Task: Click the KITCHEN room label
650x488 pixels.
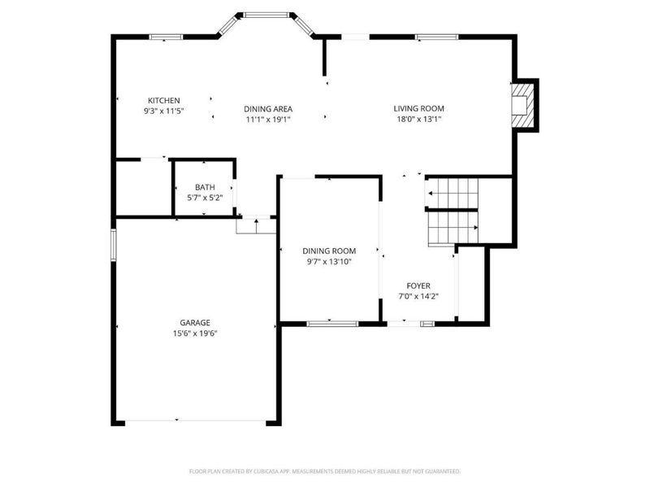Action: [x=164, y=100]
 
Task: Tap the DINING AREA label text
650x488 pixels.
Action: [x=268, y=109]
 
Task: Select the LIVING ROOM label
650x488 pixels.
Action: [x=418, y=108]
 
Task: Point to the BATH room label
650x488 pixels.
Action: [x=205, y=187]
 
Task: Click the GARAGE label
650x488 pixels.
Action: [x=195, y=322]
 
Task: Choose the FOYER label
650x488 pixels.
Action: [x=418, y=285]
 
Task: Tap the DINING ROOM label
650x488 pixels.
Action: [x=329, y=251]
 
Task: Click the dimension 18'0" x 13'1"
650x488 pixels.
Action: [x=418, y=119]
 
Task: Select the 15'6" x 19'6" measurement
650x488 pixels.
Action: [x=195, y=333]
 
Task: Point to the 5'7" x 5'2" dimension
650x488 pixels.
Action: [x=205, y=198]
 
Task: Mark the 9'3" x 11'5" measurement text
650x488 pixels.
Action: [x=164, y=111]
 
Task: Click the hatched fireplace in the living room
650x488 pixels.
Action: [x=522, y=105]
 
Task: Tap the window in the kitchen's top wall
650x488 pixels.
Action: [x=166, y=37]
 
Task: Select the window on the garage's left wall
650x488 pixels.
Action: [x=113, y=245]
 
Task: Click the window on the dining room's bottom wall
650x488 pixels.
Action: [x=332, y=324]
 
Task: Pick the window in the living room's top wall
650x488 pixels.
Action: [x=437, y=37]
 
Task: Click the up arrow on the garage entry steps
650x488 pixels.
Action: [x=256, y=226]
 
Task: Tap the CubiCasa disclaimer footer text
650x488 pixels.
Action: [x=324, y=472]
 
